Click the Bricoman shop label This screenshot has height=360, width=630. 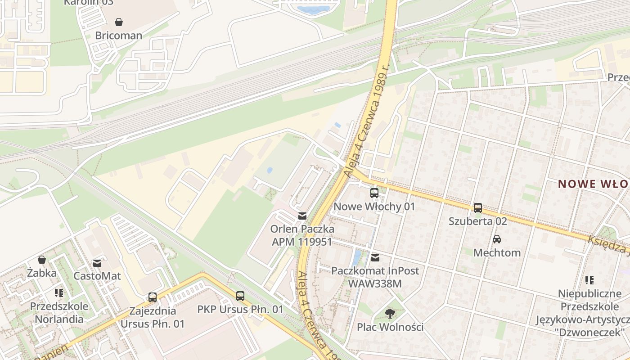click(118, 36)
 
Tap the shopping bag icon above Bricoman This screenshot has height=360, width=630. click(118, 22)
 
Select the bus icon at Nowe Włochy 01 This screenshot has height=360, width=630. click(374, 193)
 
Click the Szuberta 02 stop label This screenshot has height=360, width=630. click(478, 221)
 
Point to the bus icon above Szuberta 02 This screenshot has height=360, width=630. click(477, 207)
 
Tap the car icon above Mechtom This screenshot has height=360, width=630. click(497, 239)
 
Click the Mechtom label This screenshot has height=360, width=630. click(497, 253)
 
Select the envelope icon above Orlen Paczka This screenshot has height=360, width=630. click(302, 216)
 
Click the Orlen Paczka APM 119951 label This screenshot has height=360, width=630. click(302, 235)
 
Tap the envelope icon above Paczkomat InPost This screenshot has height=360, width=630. click(375, 258)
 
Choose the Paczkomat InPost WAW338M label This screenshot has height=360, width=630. click(375, 277)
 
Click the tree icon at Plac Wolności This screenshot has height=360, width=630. click(390, 314)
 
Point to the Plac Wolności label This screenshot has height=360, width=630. click(390, 327)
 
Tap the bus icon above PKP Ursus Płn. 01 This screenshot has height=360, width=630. click(240, 296)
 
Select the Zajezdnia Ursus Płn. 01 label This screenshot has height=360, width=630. click(152, 317)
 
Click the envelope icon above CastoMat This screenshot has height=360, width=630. click(97, 263)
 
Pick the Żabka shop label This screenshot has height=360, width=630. click(42, 273)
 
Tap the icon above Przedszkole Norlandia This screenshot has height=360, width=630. click(59, 293)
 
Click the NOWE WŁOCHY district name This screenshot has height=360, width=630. click(594, 184)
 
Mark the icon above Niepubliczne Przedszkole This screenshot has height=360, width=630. click(589, 280)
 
